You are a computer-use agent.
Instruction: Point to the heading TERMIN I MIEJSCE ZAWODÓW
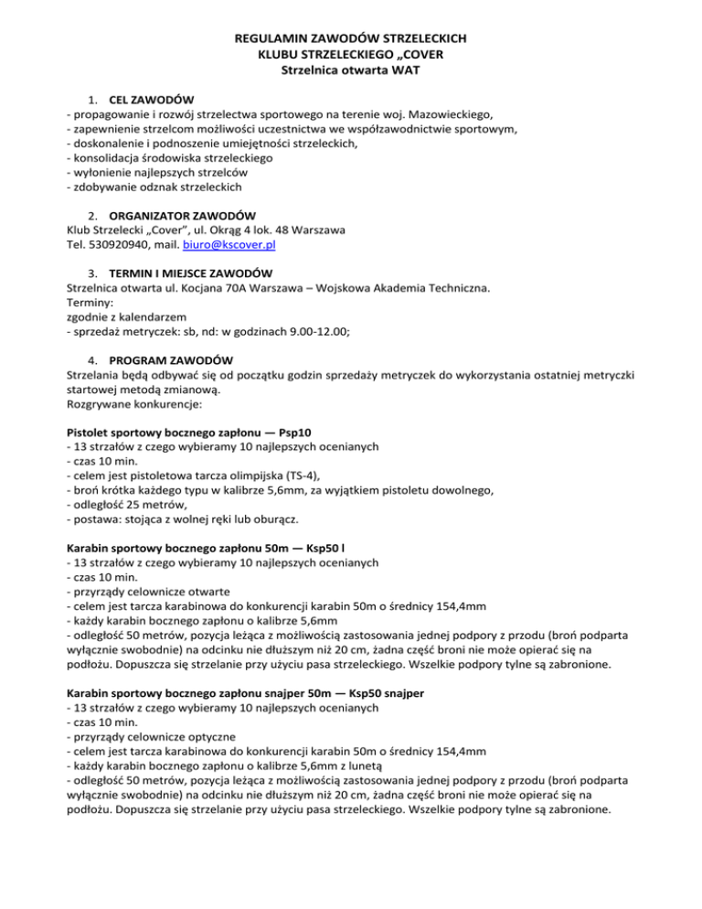pyautogui.click(x=191, y=273)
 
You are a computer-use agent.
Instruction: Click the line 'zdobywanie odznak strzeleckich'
pyautogui.click(x=154, y=186)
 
